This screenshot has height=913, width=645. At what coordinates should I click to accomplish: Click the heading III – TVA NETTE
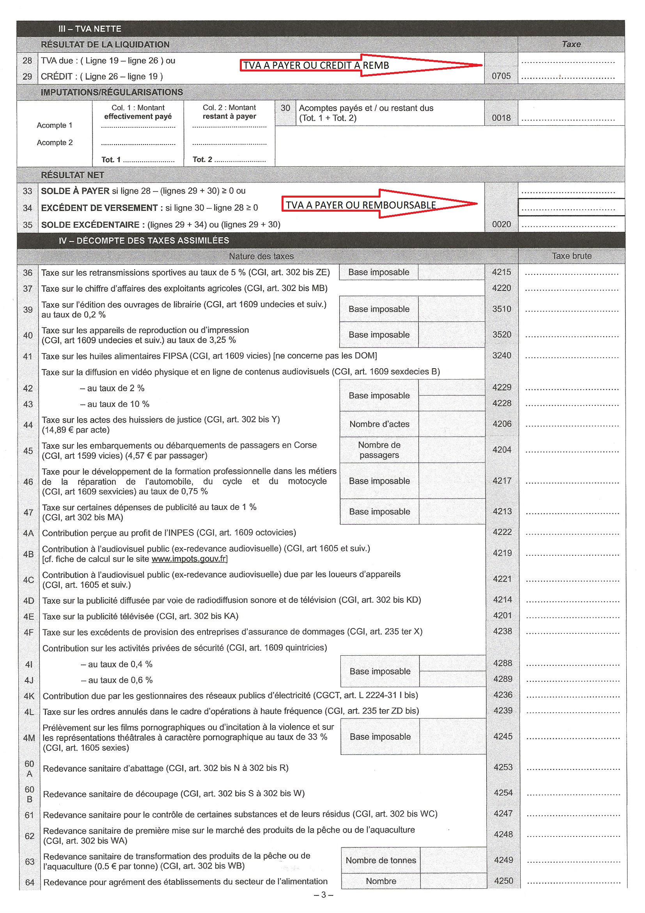(x=89, y=29)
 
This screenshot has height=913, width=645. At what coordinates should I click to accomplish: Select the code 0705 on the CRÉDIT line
(x=501, y=76)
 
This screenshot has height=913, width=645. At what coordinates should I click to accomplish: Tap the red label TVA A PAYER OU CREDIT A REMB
(x=316, y=66)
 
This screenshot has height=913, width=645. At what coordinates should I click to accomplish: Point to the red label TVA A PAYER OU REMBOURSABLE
(x=361, y=205)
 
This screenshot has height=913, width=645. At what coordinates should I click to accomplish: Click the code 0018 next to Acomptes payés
(x=501, y=118)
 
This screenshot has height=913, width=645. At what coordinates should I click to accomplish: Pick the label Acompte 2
(x=55, y=143)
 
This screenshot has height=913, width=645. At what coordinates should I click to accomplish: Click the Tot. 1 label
(x=111, y=159)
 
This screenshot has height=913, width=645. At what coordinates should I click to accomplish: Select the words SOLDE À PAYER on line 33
(x=75, y=191)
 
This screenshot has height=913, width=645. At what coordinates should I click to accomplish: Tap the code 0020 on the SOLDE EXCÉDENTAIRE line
(x=501, y=224)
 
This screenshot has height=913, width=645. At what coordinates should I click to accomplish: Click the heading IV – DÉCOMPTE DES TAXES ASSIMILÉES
(x=144, y=241)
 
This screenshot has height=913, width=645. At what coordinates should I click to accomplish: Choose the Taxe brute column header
(x=571, y=256)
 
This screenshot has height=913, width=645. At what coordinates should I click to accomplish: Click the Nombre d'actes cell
(x=379, y=424)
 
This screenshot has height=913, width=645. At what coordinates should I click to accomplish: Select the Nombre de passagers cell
(x=379, y=450)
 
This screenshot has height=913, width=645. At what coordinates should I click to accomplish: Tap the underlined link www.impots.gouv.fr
(x=189, y=559)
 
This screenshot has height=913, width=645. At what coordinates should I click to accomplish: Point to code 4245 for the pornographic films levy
(x=502, y=736)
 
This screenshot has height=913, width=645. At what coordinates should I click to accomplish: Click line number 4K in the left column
(x=29, y=696)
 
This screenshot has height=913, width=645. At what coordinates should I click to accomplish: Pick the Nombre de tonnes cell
(x=381, y=860)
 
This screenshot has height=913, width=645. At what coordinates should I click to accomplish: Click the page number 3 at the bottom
(x=323, y=895)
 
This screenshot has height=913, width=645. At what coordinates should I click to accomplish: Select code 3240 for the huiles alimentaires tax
(x=501, y=355)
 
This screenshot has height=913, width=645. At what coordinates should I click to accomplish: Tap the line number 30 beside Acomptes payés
(x=285, y=108)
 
